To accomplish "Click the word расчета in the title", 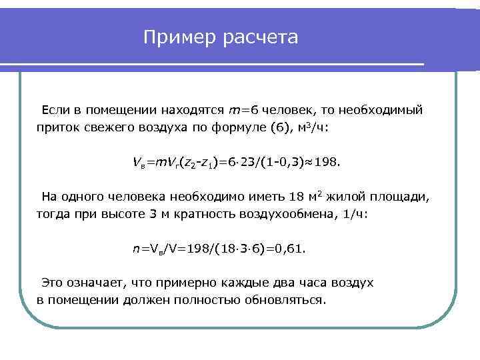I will tap(261, 38).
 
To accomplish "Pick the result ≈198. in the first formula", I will tap(327, 162).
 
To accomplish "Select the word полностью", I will tap(205, 300).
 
